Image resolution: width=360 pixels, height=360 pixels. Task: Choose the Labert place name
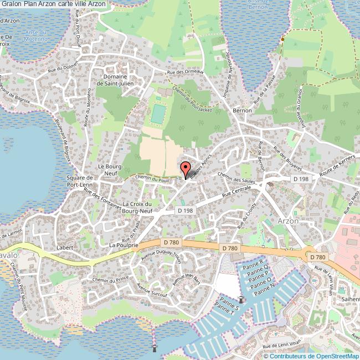pyautogui.click(x=65, y=248)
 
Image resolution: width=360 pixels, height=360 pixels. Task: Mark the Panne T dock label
pyautogui.click(x=225, y=311)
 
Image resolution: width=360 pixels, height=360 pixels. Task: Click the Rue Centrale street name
pyautogui.click(x=237, y=192)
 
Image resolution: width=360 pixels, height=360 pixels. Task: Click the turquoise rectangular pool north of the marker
pyautogui.click(x=158, y=114)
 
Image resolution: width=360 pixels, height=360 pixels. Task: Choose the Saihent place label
pyautogui.click(x=349, y=299)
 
